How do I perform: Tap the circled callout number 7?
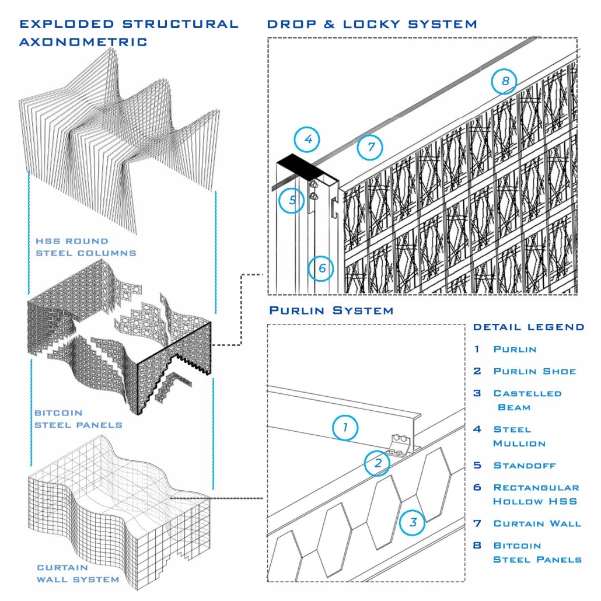(371, 146)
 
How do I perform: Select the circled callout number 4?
(307, 139)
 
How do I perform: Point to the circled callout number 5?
(292, 200)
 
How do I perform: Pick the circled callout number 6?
(322, 268)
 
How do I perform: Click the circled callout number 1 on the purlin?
(345, 428)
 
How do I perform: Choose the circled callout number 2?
(378, 463)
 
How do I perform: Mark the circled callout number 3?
(413, 522)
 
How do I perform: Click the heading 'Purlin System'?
(331, 310)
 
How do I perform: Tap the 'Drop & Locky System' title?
(372, 24)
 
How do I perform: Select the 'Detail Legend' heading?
(528, 327)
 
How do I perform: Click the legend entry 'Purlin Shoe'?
(534, 371)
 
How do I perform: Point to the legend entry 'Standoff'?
(525, 466)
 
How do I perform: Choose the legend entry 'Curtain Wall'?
(537, 523)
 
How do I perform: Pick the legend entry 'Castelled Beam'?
(527, 400)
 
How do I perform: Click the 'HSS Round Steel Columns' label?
(85, 247)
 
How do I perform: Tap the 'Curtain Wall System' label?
(78, 573)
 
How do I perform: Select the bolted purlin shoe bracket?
(403, 444)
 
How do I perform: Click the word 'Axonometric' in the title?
(83, 42)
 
